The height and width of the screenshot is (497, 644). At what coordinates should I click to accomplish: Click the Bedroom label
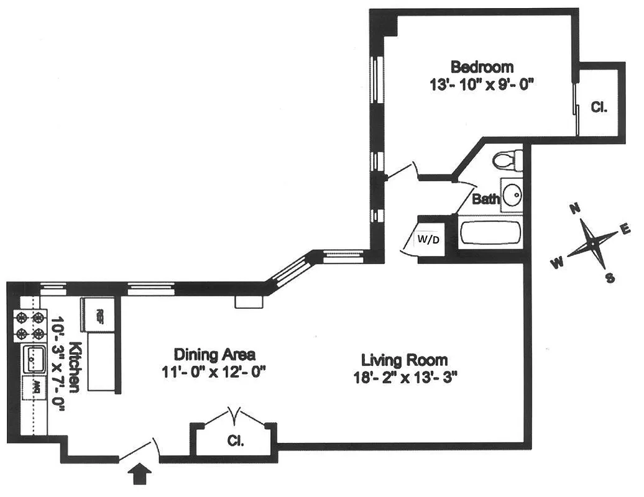pos(482,66)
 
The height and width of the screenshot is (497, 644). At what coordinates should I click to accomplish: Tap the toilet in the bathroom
pos(507,160)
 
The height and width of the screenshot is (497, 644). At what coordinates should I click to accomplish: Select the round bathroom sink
pos(512,194)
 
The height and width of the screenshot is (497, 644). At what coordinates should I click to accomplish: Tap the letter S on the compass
pos(610,278)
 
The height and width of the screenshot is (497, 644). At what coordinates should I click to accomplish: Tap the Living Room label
pos(405,360)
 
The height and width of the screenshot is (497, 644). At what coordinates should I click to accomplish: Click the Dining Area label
pos(214,355)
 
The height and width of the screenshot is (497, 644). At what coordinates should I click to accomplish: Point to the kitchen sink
pos(34,359)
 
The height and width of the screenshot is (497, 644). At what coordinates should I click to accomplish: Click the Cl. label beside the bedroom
pos(598,107)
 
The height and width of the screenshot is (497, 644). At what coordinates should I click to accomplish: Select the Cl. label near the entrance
pos(235,442)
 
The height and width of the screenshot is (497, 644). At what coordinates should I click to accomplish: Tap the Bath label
pos(485,199)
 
